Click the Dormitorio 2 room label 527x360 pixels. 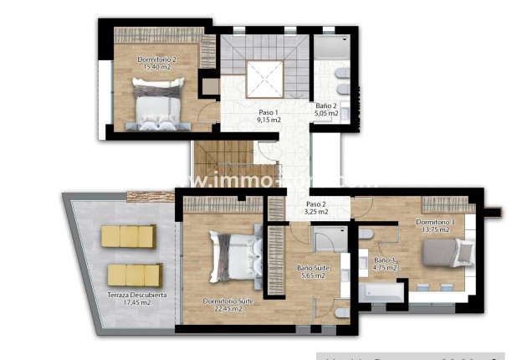156,59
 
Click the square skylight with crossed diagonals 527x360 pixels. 267,79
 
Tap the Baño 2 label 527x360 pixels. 325,105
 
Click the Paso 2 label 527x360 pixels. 315,203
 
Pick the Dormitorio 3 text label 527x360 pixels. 436,222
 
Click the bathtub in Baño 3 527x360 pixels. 382,293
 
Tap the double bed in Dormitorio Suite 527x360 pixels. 237,257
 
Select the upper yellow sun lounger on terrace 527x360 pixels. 130,237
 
